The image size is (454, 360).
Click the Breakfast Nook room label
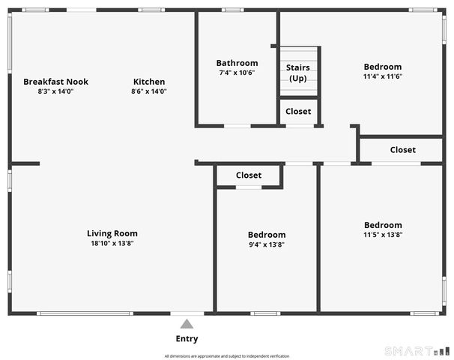(55, 82)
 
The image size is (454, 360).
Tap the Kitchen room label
(149, 82)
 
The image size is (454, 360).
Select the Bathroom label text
(237, 63)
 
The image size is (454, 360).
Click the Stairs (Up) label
(298, 73)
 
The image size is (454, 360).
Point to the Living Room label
(112, 233)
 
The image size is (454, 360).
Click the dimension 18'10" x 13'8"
(112, 243)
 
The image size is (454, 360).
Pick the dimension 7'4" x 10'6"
(237, 73)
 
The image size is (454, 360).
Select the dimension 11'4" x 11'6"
(383, 76)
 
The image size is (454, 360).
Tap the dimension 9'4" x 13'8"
(267, 244)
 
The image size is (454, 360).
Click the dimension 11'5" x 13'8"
(383, 235)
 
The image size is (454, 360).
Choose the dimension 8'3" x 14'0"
(55, 91)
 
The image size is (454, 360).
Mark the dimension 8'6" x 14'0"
(149, 91)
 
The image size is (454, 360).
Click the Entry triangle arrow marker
(187, 324)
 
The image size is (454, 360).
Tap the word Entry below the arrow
(187, 339)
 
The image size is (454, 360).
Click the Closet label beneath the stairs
(298, 112)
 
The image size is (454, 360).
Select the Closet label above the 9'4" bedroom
(249, 175)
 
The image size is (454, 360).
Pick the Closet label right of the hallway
(403, 150)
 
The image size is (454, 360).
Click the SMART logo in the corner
(417, 350)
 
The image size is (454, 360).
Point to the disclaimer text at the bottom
(226, 355)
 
